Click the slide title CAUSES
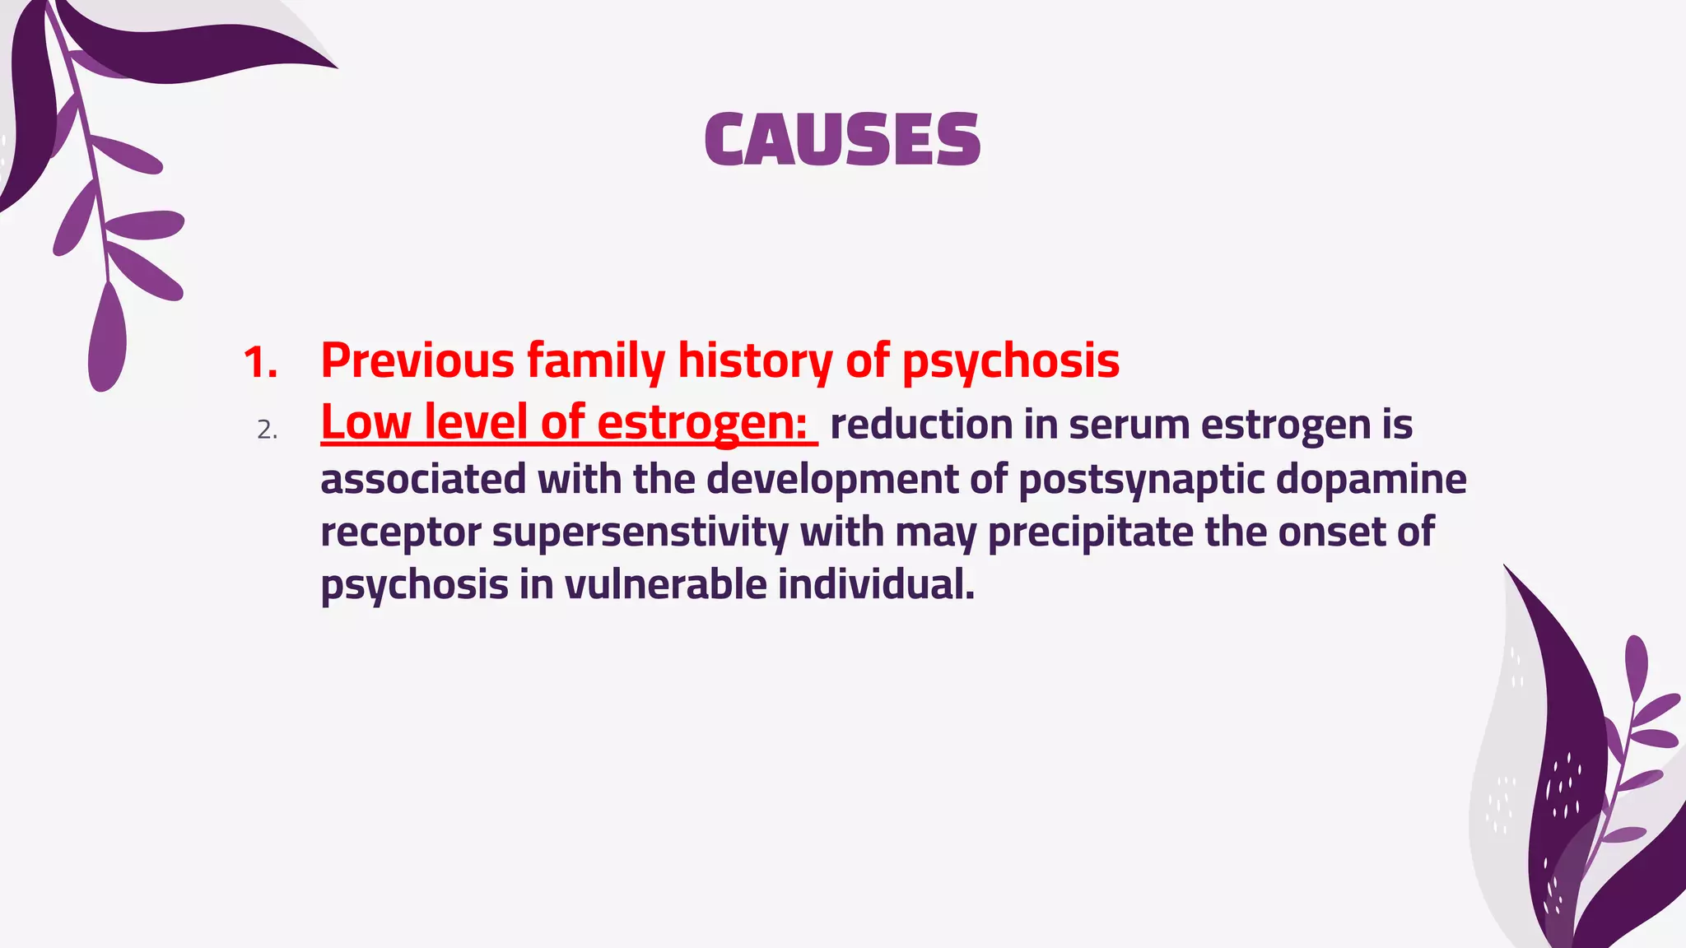click(x=842, y=139)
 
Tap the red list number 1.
click(x=259, y=362)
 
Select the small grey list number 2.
click(x=267, y=430)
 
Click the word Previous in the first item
click(x=417, y=360)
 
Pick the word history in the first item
click(x=755, y=362)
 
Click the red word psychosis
click(x=1010, y=362)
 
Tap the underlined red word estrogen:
click(x=701, y=423)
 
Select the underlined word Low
click(x=366, y=423)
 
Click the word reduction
click(x=921, y=425)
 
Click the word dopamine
click(x=1371, y=479)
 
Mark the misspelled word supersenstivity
click(x=640, y=532)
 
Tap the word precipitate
click(x=1090, y=532)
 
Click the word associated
click(x=422, y=479)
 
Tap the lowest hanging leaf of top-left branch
click(x=107, y=337)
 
